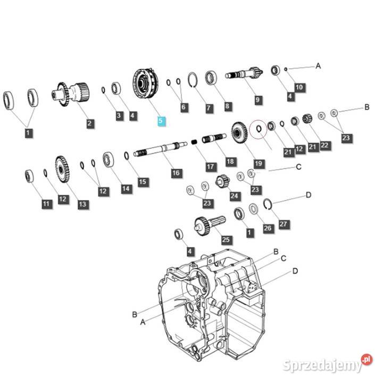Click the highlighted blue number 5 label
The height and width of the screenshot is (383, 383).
[161, 121]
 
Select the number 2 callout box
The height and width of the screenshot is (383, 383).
[90, 123]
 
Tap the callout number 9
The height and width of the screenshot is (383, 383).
[257, 100]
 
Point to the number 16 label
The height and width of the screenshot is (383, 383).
[176, 173]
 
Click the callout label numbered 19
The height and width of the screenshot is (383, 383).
[259, 164]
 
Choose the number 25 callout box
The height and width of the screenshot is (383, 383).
[226, 239]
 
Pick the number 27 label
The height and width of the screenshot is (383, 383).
[284, 224]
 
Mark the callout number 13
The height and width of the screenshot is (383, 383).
[83, 204]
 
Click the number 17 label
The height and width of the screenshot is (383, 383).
[211, 167]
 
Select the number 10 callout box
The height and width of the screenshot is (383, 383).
[299, 87]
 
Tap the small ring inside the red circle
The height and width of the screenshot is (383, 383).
[259, 128]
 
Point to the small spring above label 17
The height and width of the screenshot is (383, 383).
[194, 141]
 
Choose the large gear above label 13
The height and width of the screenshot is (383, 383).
[62, 169]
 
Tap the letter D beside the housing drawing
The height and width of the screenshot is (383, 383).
[295, 271]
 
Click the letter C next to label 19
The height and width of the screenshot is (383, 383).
[298, 167]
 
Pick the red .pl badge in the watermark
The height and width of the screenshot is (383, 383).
[367, 359]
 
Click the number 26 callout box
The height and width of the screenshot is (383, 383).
[268, 228]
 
